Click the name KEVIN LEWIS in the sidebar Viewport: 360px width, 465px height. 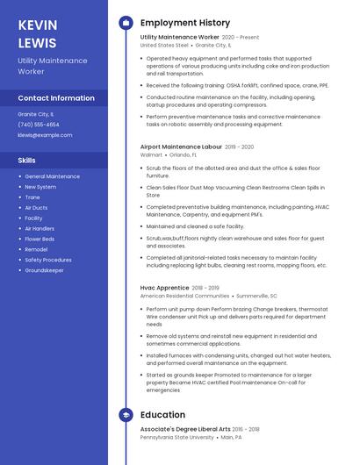37,32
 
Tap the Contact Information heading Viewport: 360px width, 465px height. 56,98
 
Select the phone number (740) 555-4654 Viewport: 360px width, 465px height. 39,125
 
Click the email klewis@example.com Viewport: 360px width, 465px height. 45,135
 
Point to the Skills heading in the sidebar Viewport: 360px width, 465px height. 27,161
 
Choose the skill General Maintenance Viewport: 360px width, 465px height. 52,176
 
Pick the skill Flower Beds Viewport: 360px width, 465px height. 40,239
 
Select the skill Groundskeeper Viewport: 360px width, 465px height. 44,270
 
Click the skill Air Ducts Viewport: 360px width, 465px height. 36,208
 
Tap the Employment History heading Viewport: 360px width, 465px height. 185,23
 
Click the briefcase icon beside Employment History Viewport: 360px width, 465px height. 126,23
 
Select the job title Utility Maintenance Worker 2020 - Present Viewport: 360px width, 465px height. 199,38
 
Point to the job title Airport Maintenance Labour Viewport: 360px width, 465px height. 181,147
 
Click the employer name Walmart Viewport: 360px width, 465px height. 151,154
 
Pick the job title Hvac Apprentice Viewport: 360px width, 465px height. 164,288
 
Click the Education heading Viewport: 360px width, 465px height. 162,415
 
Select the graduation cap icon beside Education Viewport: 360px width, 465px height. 126,415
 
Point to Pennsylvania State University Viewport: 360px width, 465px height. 176,437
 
